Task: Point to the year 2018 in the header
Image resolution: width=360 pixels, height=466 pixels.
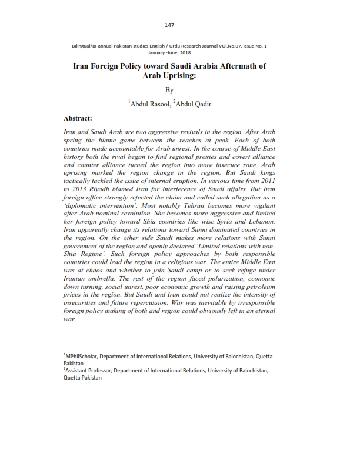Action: pos(192,52)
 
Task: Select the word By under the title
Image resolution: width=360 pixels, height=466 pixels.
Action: pos(169,90)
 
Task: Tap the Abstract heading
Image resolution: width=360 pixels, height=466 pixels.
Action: pos(82,118)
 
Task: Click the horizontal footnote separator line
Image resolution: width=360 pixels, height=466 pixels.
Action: pos(105,348)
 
